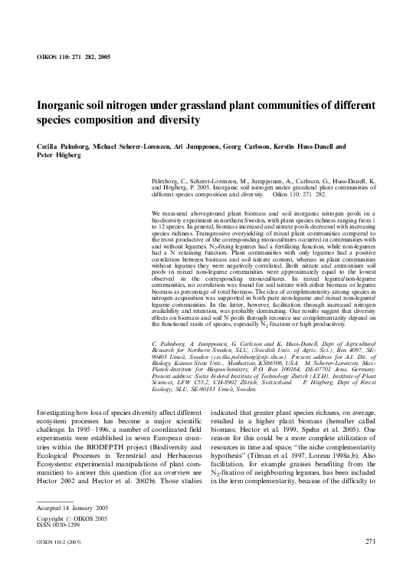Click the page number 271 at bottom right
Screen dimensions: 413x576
(x=370, y=564)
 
